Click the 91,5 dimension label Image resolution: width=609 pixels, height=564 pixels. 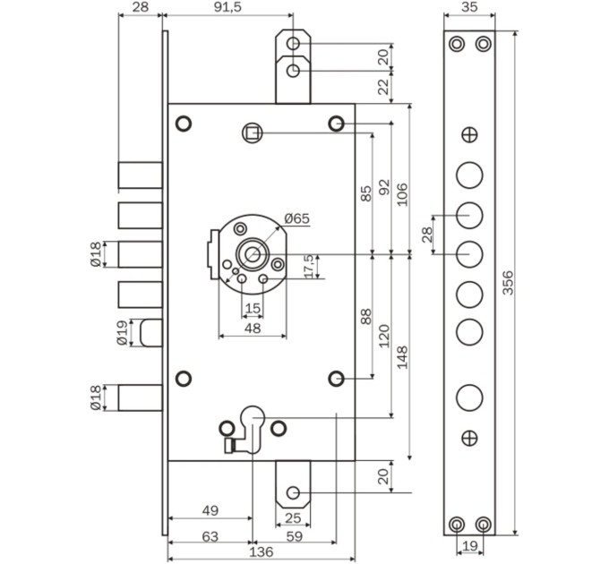pyautogui.click(x=228, y=7)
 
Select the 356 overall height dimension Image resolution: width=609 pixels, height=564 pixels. pyautogui.click(x=508, y=283)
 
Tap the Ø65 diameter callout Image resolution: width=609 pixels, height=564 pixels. pyautogui.click(x=297, y=219)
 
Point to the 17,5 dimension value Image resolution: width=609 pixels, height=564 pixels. pyautogui.click(x=309, y=266)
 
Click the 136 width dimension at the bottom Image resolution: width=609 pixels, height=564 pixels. pyautogui.click(x=262, y=551)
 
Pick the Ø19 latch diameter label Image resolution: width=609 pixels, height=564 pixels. pyautogui.click(x=122, y=333)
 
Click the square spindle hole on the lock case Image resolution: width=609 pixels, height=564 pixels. pyautogui.click(x=253, y=133)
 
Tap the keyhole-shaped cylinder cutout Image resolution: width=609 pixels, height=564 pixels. pyautogui.click(x=253, y=430)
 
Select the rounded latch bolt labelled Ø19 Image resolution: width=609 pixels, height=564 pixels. pyautogui.click(x=151, y=333)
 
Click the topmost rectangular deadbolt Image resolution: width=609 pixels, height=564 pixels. pyautogui.click(x=141, y=175)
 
